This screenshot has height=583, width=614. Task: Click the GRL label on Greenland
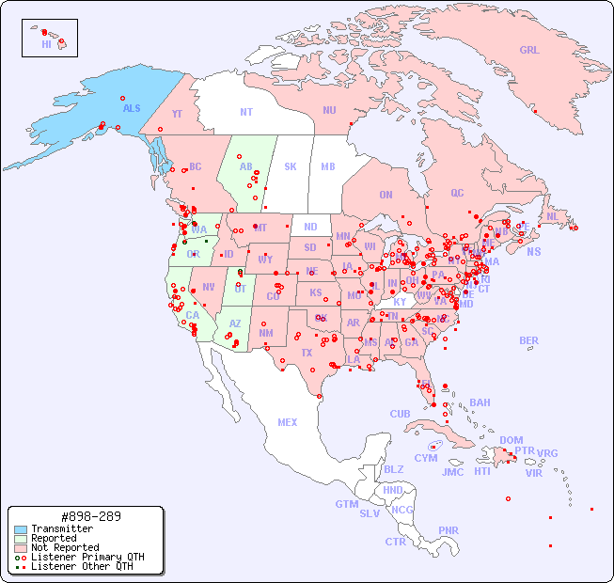(529, 51)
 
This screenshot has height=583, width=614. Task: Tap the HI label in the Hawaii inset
(46, 44)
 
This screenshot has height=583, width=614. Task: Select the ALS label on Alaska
(132, 108)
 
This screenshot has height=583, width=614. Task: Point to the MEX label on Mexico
(288, 422)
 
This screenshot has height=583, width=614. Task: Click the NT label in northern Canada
(246, 112)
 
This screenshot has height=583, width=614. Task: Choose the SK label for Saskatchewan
(291, 166)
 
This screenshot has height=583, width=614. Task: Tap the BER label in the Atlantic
(528, 340)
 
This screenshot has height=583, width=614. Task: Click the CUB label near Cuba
(400, 414)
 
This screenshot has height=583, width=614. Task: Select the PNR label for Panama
(449, 530)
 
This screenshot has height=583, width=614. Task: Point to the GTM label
(346, 504)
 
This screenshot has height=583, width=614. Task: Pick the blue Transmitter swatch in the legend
(21, 529)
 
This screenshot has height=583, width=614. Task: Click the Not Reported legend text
(64, 547)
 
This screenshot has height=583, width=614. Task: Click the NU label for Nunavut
(329, 110)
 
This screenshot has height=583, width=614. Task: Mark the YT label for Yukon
(177, 114)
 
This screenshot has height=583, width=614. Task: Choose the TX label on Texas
(307, 354)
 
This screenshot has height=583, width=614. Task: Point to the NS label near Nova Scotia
(533, 252)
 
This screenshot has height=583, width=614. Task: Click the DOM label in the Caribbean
(511, 440)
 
